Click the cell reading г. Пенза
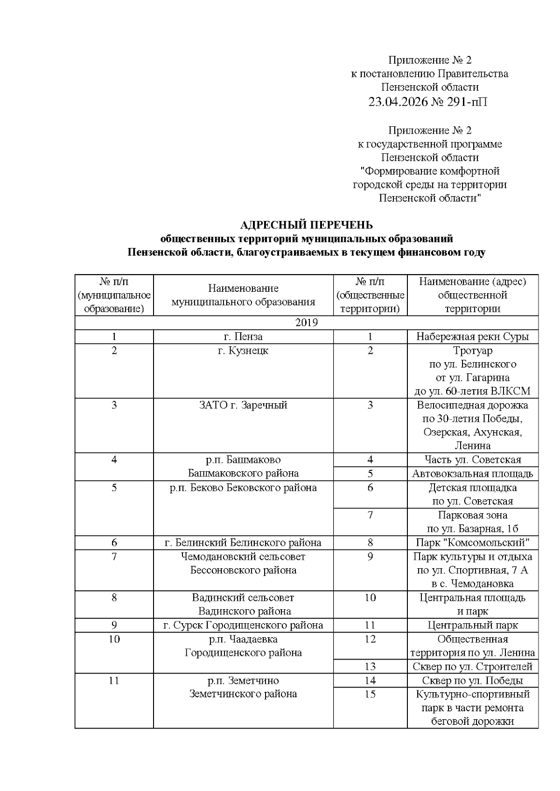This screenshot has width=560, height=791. coord(243,337)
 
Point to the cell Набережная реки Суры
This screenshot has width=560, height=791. coord(472,337)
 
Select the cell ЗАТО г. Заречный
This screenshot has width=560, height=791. coord(243,405)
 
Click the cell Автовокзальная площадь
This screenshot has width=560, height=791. coord(472,474)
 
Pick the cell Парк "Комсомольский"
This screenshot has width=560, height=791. coord(472,543)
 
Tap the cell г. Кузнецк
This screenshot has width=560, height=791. coord(243,351)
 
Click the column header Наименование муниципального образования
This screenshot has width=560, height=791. coord(243,295)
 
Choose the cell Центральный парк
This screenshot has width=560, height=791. coord(472,625)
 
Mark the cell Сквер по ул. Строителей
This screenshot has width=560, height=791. coord(472,667)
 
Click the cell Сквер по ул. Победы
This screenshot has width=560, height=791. coord(472,681)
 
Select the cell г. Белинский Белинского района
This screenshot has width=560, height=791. coord(243,543)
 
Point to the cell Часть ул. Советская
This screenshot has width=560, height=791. coord(472,460)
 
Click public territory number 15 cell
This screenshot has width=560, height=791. coord(370,694)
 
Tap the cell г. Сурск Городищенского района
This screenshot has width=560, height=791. coord(243,625)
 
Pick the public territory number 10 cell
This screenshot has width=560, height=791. coord(370,598)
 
